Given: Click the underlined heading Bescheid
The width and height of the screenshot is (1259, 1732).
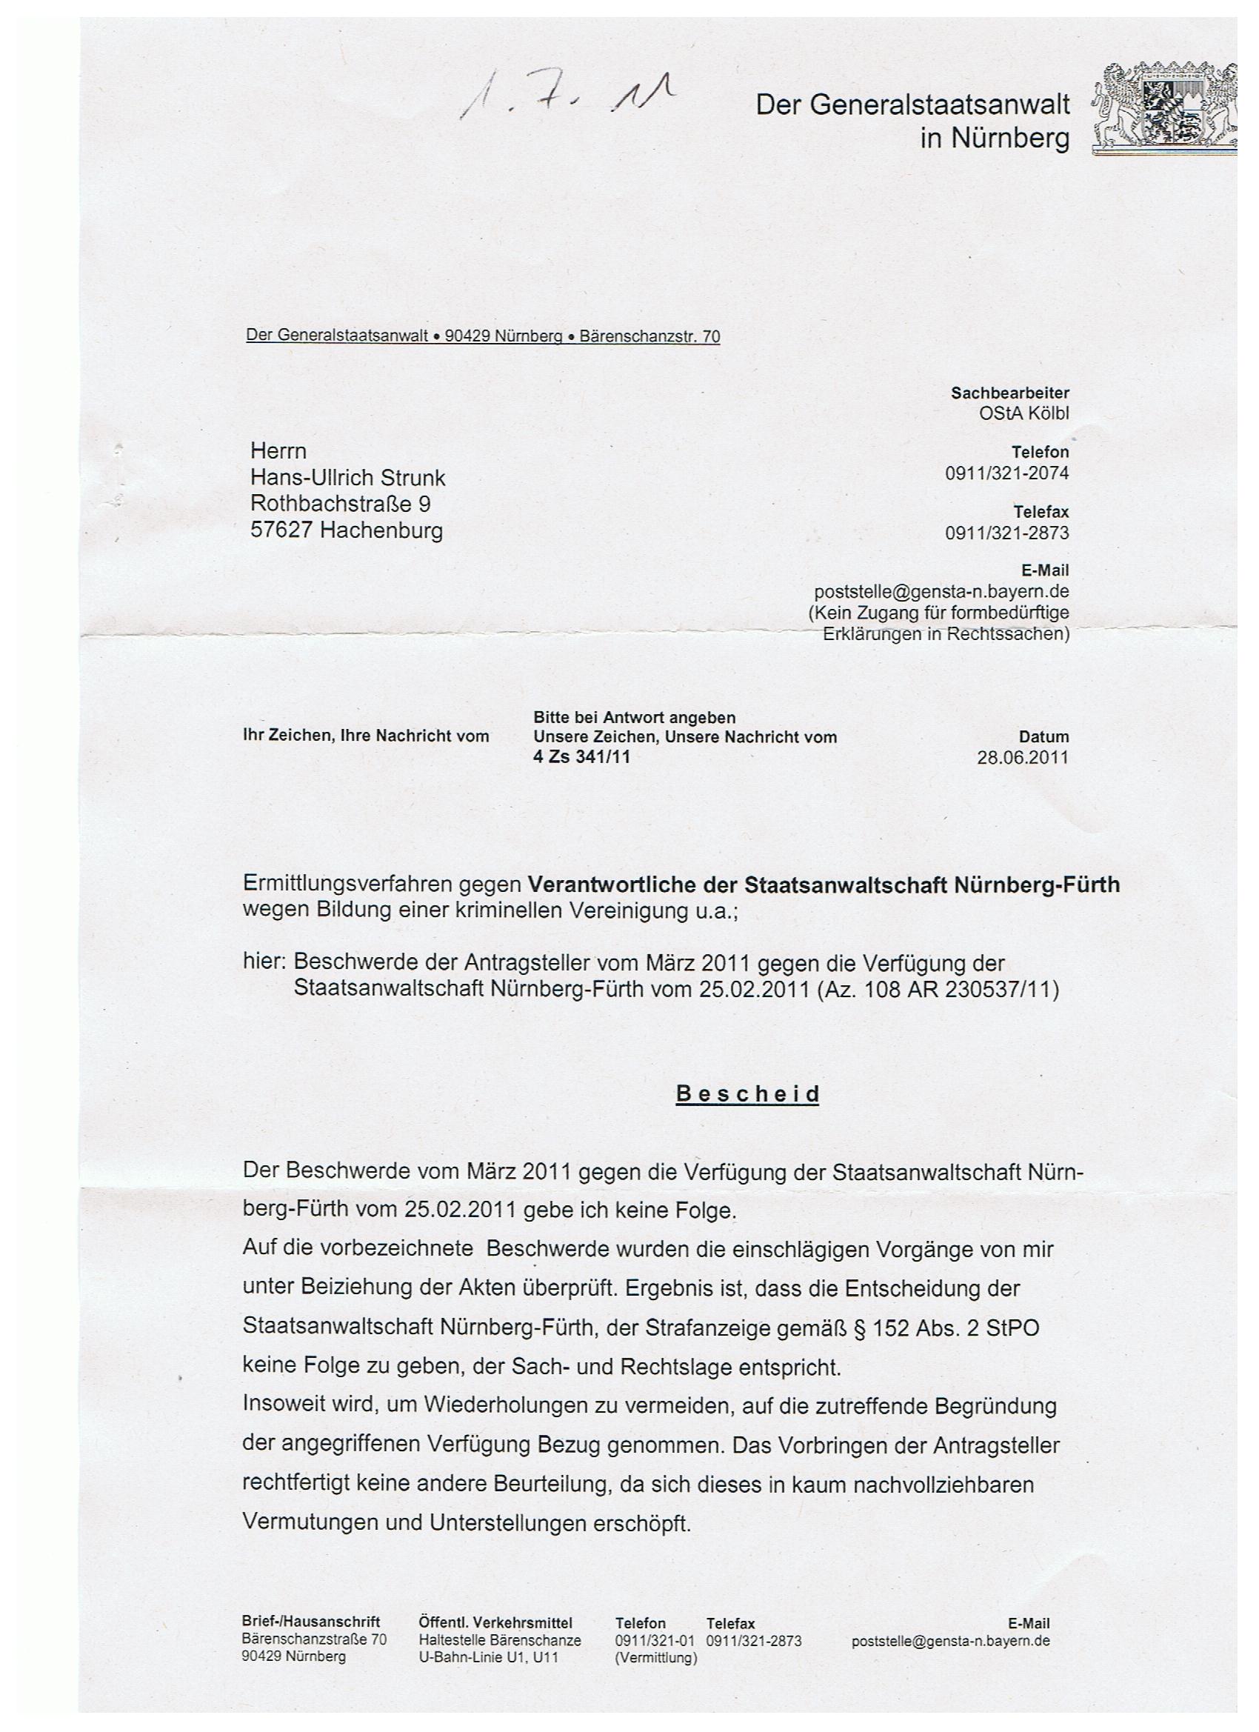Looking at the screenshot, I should pos(747,1094).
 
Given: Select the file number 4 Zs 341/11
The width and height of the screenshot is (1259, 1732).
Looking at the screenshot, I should pos(581,757).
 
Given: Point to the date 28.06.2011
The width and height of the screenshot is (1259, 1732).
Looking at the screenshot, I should pos(1022,758).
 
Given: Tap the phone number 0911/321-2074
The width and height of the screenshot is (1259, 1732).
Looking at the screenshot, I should pos(1007,473).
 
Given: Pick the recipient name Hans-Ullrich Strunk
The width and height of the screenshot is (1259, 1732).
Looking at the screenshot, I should pos(347,478).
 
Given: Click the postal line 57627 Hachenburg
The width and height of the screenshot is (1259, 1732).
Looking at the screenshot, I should pos(346,530).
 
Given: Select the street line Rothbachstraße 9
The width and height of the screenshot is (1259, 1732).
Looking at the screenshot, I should pos(341,504).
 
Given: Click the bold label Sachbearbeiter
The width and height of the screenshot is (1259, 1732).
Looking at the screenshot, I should pos(1009,393).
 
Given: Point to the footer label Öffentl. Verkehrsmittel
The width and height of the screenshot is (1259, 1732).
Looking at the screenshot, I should pos(495,1623).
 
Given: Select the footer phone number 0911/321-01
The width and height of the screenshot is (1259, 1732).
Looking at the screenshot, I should pos(653,1640).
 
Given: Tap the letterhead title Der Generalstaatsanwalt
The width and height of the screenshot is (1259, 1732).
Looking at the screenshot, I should pos(912,104).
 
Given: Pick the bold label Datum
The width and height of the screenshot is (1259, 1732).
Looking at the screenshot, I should pos(1043,737).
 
